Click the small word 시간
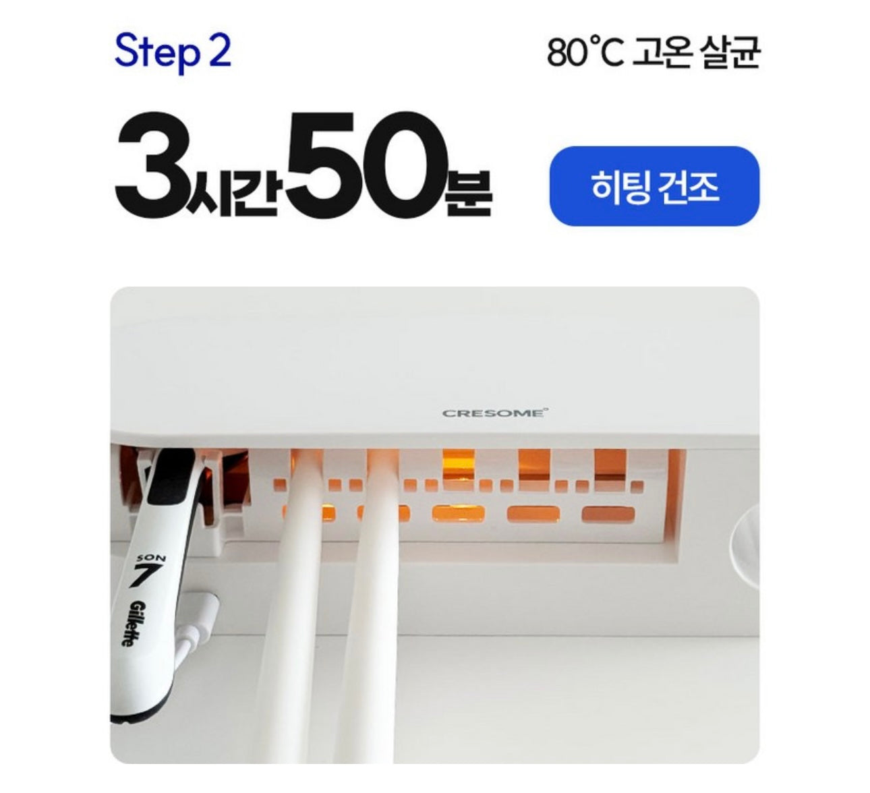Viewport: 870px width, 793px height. click(x=232, y=190)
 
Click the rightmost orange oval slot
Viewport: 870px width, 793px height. click(x=608, y=514)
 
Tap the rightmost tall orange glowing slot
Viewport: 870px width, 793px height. click(x=610, y=465)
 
